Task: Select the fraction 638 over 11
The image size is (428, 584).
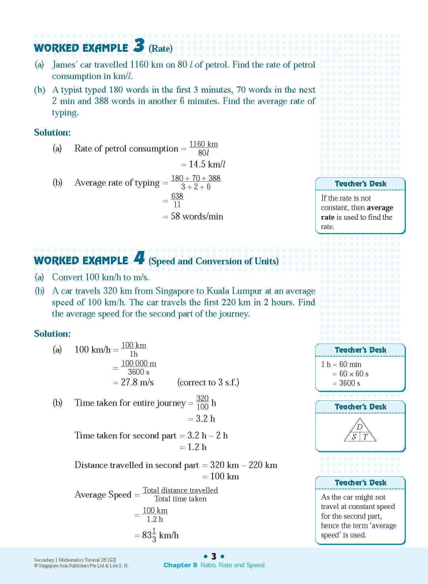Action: [x=177, y=200]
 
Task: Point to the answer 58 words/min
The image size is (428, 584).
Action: [x=197, y=217]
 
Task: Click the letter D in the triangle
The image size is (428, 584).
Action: [x=359, y=427]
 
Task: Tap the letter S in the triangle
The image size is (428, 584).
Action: [x=354, y=437]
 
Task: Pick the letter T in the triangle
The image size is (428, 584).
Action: [x=365, y=437]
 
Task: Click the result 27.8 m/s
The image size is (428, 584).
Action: [x=137, y=383]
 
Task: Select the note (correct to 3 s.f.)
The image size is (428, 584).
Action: [x=208, y=383]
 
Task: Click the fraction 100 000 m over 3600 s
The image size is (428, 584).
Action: [x=139, y=368]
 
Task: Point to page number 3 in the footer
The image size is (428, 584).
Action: [x=214, y=556]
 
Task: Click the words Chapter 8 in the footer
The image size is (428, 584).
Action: [x=180, y=565]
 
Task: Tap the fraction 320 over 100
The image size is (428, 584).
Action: [x=202, y=402]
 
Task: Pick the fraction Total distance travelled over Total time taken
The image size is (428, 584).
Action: [x=180, y=494]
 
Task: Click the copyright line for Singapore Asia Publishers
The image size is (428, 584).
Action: [x=81, y=566]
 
